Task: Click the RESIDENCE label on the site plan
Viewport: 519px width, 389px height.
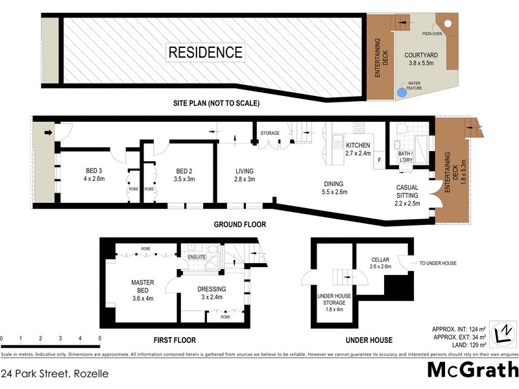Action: [x=206, y=53]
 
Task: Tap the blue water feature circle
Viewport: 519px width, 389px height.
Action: [x=402, y=93]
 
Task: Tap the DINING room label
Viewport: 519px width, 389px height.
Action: [x=335, y=187]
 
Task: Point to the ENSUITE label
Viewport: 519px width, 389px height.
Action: [x=197, y=257]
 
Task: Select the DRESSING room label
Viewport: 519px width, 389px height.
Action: [x=211, y=293]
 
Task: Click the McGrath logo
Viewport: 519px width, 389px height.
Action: [x=473, y=370]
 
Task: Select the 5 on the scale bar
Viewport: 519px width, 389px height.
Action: [x=100, y=338]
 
